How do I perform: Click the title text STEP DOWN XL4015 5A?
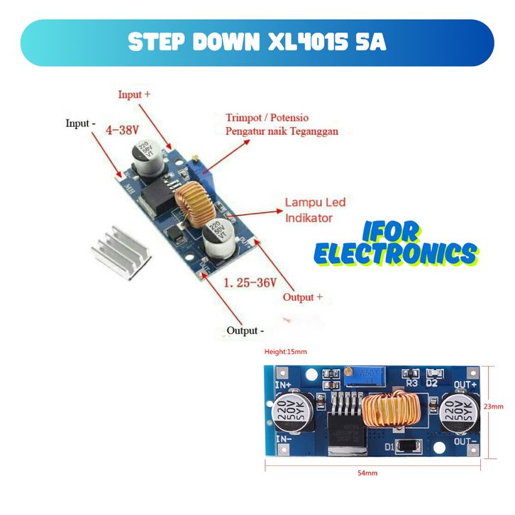tap(257, 42)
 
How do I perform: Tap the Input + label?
tap(135, 94)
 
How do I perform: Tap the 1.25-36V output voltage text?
tap(250, 282)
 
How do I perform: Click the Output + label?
tap(303, 297)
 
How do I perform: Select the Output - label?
tap(245, 331)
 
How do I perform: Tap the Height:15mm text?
tap(286, 353)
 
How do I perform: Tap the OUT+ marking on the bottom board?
tap(465, 384)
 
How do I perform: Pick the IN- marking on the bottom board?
tap(283, 441)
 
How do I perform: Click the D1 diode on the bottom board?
tap(405, 448)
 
